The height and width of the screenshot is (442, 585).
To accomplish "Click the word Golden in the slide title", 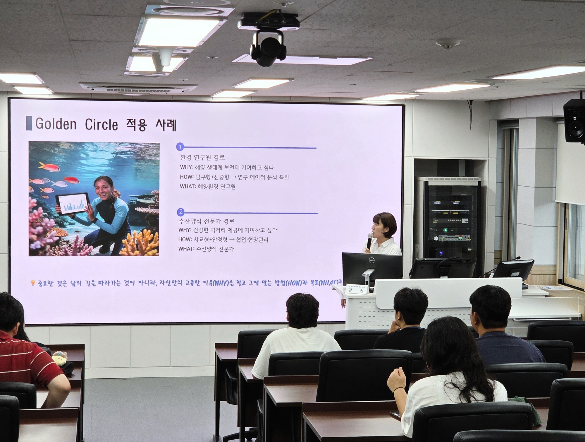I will pos(56,124).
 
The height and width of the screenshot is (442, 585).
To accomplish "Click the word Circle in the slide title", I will pos(101,125).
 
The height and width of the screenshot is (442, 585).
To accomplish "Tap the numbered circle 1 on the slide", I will pos(180,147).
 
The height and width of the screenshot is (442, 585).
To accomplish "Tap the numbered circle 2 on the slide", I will pos(181,212).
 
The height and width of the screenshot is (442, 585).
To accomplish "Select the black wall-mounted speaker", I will pos(574,121).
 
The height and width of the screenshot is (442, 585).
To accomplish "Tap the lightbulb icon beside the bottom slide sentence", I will pos(33,283).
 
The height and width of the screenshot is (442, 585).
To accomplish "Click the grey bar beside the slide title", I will pos(29,123).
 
